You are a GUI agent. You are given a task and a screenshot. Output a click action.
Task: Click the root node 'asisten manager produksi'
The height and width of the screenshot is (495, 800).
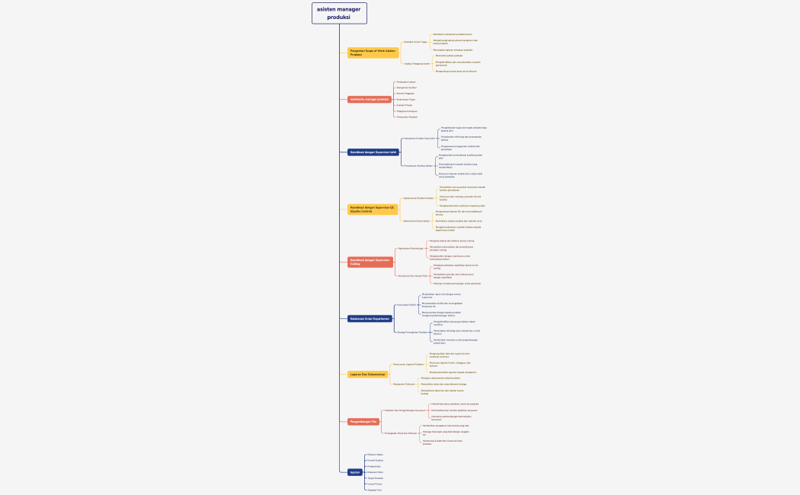(339, 13)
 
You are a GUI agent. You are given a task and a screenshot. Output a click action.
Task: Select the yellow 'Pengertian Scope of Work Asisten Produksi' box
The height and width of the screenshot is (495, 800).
(373, 53)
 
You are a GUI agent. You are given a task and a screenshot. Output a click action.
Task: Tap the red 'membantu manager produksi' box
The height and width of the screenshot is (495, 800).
(369, 99)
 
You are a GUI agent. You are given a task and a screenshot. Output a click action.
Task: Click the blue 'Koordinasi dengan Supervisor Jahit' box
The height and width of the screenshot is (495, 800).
(373, 152)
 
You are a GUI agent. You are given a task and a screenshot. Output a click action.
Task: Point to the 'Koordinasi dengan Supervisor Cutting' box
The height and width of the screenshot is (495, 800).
(370, 262)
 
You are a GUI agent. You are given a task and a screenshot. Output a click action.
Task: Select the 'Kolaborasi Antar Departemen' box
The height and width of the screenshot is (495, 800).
(370, 318)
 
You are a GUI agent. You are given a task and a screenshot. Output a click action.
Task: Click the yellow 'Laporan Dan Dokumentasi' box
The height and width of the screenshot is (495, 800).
(367, 375)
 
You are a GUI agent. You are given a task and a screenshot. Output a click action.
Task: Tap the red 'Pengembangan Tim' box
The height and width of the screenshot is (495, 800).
(363, 421)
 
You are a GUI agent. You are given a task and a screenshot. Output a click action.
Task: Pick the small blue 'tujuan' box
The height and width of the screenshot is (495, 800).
(354, 472)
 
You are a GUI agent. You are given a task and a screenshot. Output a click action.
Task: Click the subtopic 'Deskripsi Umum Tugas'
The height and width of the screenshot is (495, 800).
(415, 42)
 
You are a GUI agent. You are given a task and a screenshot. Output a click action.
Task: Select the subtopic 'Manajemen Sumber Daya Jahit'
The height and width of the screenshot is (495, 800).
(420, 139)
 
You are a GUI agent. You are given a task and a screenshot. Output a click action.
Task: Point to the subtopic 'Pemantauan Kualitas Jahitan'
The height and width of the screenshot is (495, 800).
(418, 165)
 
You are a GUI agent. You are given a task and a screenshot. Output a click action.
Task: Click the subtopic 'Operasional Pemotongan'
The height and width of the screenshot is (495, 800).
(411, 248)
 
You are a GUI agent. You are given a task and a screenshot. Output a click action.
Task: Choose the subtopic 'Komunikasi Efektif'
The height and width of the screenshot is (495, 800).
(406, 305)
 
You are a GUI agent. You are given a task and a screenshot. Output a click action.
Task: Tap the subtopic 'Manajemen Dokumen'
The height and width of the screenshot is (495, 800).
(404, 384)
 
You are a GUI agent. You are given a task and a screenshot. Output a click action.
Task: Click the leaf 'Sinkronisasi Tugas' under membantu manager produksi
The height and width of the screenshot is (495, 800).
(406, 99)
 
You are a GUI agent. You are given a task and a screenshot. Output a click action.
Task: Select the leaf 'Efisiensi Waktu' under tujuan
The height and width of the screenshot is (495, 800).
(375, 455)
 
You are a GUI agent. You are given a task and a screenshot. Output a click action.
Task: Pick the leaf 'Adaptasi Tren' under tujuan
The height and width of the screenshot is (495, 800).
(374, 490)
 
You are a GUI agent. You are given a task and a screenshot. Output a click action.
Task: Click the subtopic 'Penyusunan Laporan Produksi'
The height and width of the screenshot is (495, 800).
(408, 364)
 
